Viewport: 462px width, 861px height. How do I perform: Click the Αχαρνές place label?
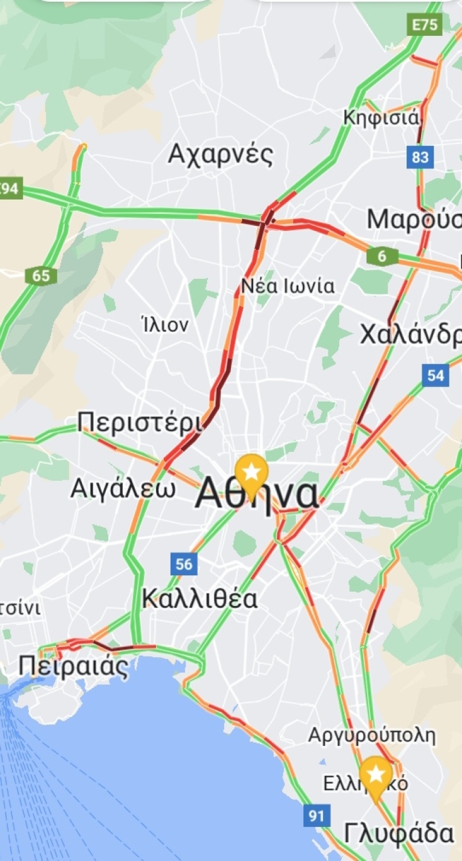coord(220,154)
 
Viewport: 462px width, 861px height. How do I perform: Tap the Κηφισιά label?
coord(381,118)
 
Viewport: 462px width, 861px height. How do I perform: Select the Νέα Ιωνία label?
coord(288,286)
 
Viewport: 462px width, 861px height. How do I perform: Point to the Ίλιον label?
coord(165,325)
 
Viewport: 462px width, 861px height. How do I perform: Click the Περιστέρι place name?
coord(141,422)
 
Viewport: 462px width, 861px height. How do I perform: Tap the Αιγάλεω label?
coord(123,488)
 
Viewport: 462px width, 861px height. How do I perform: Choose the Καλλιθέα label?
coord(200,599)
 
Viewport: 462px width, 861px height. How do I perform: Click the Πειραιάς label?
coord(73,666)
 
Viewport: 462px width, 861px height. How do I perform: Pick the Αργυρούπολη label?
coord(371,735)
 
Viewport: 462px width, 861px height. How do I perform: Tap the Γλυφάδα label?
coord(399,834)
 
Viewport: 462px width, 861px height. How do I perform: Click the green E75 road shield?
coord(425,25)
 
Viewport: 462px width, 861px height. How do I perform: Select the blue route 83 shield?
coord(420,155)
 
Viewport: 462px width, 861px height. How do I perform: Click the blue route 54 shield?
coord(436,375)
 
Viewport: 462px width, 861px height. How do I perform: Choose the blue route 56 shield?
coord(184,564)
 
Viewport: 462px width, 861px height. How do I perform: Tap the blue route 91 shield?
coord(317,816)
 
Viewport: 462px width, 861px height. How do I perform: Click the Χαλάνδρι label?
coord(410,335)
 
